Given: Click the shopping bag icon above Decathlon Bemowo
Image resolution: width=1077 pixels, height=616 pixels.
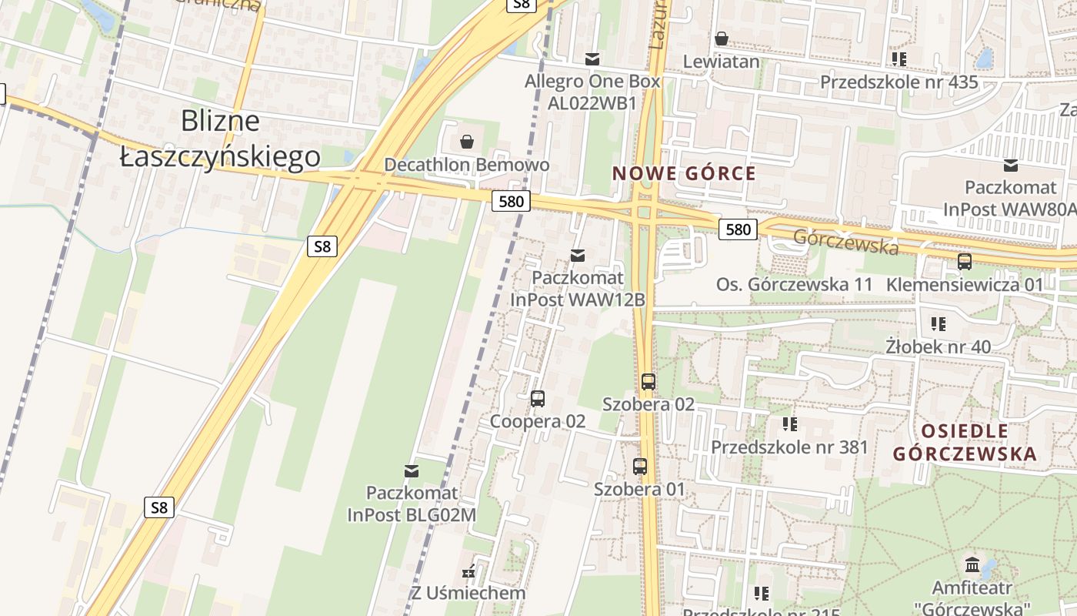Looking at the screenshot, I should (466, 142).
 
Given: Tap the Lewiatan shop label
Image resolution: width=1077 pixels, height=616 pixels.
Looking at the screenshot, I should (722, 62).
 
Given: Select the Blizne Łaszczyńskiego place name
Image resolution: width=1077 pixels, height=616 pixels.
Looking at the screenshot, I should (221, 139).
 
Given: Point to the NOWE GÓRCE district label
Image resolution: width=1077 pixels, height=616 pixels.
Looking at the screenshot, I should (684, 174).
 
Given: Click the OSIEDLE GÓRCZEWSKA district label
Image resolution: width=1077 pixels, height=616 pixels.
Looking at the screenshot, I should (965, 443).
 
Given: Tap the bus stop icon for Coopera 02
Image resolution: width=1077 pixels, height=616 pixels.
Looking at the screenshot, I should (538, 399).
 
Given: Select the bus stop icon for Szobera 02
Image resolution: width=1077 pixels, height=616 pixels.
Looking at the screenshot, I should (649, 381).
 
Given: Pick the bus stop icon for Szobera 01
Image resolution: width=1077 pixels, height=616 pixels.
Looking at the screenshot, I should (640, 466).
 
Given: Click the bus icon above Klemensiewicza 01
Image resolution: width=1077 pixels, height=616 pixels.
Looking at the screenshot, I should (965, 262).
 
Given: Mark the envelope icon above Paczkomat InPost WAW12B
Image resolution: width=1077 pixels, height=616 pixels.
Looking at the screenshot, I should (578, 255).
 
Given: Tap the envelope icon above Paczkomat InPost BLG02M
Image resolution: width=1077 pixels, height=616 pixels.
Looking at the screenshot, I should (412, 470).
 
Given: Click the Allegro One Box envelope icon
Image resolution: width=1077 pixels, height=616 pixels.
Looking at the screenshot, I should (592, 59).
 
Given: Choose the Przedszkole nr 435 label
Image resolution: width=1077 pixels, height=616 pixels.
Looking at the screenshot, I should (899, 82).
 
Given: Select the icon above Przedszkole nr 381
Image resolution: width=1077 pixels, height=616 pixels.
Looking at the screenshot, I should (789, 423).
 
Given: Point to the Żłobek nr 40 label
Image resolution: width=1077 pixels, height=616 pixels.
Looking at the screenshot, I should (938, 346).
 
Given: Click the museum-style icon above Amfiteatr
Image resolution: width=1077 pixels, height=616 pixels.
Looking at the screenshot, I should (972, 564).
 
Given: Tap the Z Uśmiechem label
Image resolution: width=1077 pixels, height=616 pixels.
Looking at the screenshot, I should (468, 593).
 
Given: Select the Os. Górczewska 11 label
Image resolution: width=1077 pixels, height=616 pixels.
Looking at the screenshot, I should (795, 284).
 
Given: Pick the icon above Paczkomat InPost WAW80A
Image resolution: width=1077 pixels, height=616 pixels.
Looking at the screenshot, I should (1011, 165).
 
